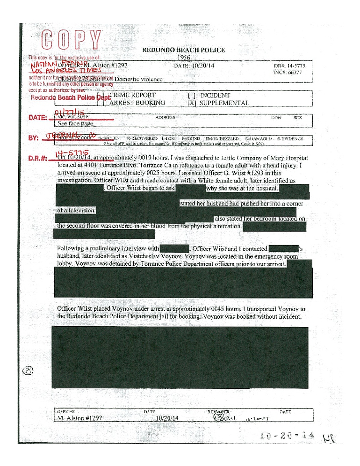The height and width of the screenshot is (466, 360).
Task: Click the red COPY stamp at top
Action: (72, 40)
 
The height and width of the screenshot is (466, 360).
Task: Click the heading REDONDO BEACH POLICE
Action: (183, 50)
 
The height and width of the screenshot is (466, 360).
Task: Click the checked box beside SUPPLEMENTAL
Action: (191, 103)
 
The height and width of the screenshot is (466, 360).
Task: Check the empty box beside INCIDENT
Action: (191, 95)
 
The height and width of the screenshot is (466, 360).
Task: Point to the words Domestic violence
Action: (138, 79)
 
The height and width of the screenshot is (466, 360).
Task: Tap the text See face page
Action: (76, 124)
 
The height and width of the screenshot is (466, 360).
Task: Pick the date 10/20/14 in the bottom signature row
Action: (168, 418)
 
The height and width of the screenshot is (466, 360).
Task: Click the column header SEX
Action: (298, 118)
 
